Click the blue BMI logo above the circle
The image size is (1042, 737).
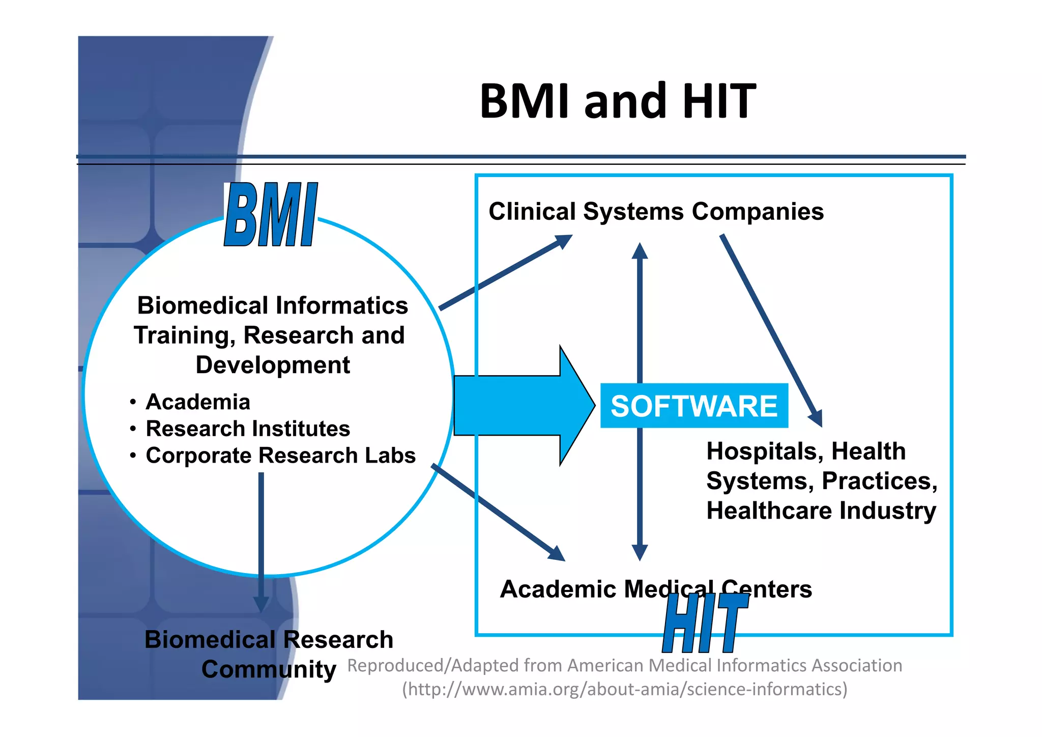coord(271,215)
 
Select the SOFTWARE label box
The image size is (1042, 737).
coord(694,406)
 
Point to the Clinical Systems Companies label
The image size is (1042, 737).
coord(656,211)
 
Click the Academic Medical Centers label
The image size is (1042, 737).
coord(656,589)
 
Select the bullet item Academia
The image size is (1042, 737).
coord(198,402)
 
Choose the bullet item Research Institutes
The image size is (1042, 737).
coord(248,429)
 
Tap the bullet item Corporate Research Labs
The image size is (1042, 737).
coord(280,456)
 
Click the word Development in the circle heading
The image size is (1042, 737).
coord(273,365)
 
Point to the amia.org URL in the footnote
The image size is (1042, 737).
coord(625,689)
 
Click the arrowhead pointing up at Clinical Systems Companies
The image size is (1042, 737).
coord(640,251)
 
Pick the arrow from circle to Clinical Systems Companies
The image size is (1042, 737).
coord(504,272)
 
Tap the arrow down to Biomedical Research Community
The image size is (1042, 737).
coord(261,540)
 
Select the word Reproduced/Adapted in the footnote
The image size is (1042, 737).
coord(432,666)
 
